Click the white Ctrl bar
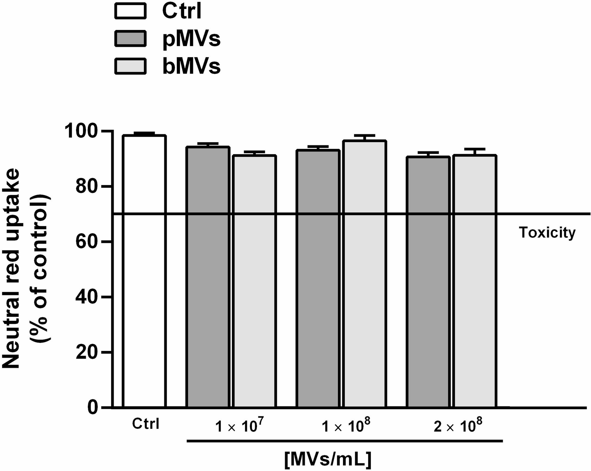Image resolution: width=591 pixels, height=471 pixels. click(x=144, y=271)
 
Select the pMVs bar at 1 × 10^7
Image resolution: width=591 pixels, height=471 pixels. click(x=208, y=277)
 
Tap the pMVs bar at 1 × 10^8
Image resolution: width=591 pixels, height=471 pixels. click(x=318, y=279)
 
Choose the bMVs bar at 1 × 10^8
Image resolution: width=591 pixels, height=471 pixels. click(x=364, y=274)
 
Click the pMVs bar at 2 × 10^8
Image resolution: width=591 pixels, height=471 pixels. click(x=428, y=282)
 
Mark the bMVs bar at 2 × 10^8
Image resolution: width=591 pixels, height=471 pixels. click(x=475, y=281)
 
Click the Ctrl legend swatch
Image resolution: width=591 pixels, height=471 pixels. click(x=130, y=10)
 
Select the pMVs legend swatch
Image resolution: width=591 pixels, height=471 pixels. click(x=130, y=39)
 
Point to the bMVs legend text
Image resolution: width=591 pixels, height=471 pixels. click(x=192, y=66)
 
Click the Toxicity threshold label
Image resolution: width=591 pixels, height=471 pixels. click(x=547, y=232)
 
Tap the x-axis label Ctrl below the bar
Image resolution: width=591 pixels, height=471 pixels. click(x=146, y=424)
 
